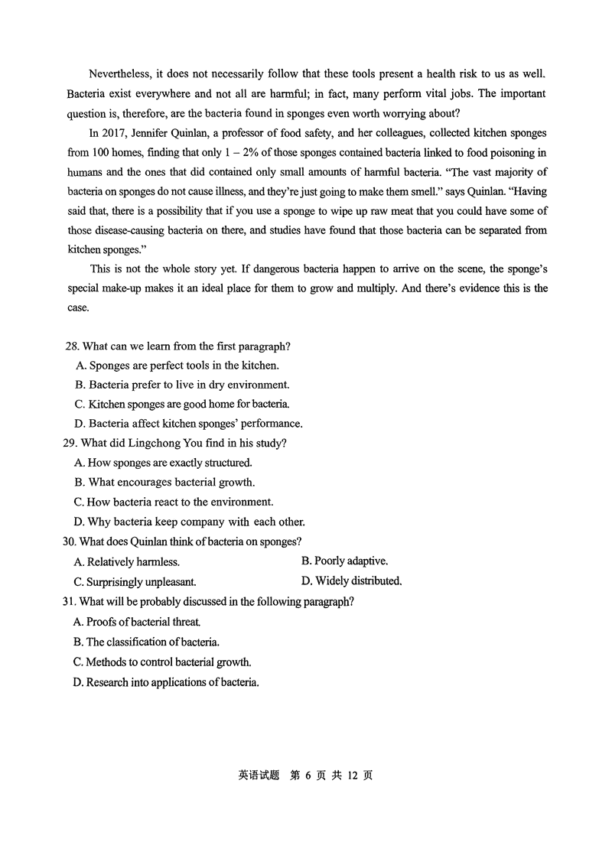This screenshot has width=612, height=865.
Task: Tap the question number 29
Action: tap(70, 443)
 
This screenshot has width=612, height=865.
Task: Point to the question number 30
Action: tap(70, 541)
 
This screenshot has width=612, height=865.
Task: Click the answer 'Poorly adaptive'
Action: tap(344, 561)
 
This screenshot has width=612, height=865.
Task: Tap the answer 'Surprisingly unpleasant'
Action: tap(135, 582)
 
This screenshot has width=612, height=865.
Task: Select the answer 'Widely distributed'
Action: tap(351, 581)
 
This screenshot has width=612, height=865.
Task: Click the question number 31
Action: tap(70, 602)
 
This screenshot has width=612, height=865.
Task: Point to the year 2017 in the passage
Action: tap(115, 132)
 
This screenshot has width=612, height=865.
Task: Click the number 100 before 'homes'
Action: tap(102, 152)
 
